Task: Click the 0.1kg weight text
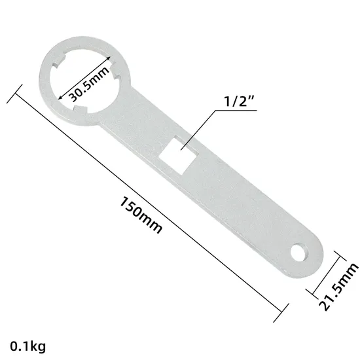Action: click(27, 344)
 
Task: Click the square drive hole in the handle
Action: click(177, 153)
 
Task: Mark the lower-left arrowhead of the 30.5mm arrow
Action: click(60, 99)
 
